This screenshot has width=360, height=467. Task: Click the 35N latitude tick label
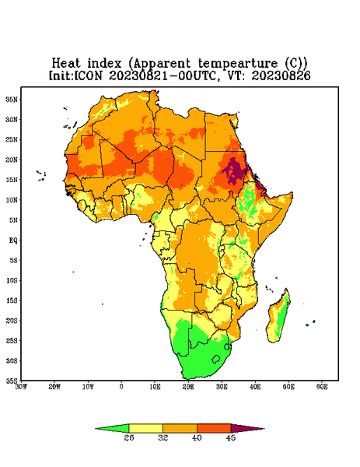point(12,100)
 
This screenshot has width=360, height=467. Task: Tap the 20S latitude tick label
point(12,321)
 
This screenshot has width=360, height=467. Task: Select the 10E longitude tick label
point(155,387)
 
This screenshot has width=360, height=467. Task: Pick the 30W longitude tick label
point(22,387)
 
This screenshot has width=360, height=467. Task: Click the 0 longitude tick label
point(121,387)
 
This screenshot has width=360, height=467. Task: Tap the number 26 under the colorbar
point(129,437)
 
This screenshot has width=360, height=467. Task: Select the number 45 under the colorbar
point(231,437)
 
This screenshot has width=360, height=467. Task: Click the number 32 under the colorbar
point(163,437)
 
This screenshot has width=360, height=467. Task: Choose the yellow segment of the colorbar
point(145,429)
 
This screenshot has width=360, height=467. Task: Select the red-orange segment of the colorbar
point(214,429)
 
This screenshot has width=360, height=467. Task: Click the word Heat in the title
point(66,63)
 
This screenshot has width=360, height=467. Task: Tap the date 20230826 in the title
point(281,75)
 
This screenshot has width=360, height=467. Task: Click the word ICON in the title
point(88,75)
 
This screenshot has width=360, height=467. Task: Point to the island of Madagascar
point(279,318)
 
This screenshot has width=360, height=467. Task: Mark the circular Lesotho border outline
point(216,359)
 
